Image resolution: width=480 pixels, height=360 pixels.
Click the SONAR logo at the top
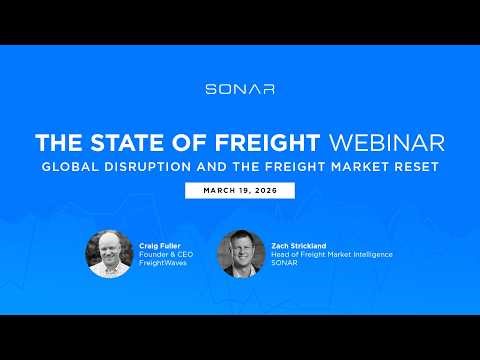pos(240,89)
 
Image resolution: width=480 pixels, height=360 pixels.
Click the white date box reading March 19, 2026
pos(240,190)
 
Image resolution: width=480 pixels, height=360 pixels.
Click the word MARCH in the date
pos(217,190)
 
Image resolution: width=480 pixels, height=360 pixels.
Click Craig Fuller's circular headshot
pos(109,254)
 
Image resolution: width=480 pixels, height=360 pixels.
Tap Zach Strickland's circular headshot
pos(241,254)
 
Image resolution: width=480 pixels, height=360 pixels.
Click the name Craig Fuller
pos(159,244)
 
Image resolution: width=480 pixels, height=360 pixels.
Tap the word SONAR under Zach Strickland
pos(286,265)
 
